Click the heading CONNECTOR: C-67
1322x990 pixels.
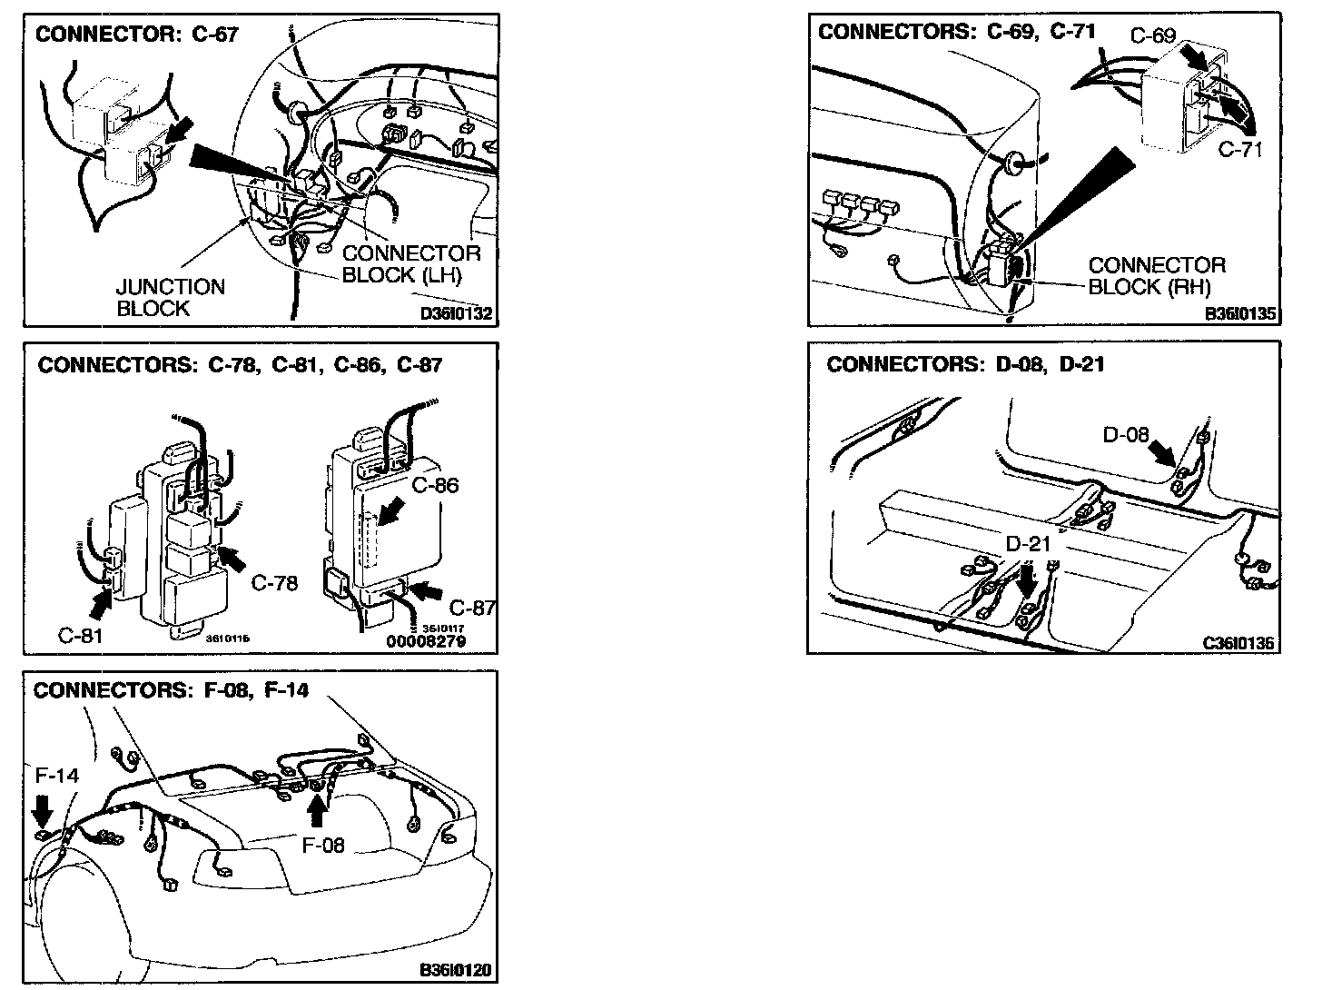136,35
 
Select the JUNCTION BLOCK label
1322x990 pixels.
170,298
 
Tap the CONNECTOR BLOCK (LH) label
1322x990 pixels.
411,264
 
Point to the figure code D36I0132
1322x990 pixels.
456,314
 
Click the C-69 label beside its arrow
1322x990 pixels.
1152,36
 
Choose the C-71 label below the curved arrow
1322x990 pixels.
1239,149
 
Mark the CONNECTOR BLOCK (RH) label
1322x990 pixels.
1156,276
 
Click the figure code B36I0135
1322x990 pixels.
1240,314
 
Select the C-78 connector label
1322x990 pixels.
274,583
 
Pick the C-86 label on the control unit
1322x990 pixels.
435,485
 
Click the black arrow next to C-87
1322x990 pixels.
426,591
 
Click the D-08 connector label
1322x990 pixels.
1126,434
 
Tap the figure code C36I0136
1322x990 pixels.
1239,643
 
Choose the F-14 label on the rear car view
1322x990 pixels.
56,776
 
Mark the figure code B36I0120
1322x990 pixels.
456,970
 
